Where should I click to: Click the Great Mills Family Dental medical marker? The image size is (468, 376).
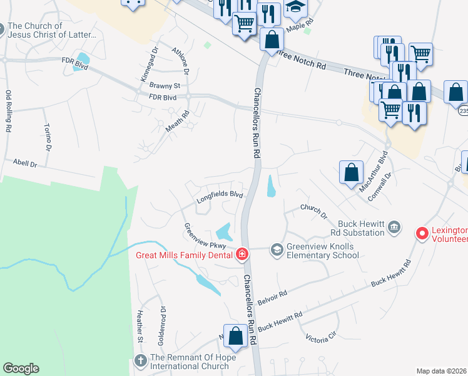pyautogui.click(x=242, y=254)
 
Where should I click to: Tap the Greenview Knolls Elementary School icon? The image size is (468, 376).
pyautogui.click(x=277, y=250)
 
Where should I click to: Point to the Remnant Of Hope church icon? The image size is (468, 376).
pyautogui.click(x=140, y=362)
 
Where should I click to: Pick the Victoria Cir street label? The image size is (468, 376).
pyautogui.click(x=322, y=338)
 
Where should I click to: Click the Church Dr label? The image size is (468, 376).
pyautogui.click(x=314, y=211)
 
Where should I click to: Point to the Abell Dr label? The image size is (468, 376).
pyautogui.click(x=25, y=164)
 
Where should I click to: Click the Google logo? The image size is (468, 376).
pyautogui.click(x=21, y=368)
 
